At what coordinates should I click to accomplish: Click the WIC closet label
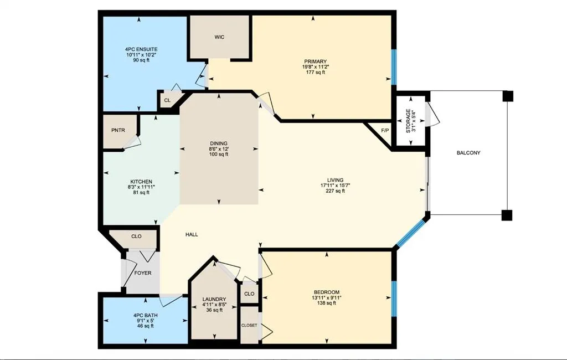[x=219, y=37]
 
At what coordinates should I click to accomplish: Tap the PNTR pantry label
[x=118, y=131]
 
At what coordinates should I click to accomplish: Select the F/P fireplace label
[x=385, y=131]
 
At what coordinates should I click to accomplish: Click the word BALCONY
[x=468, y=153]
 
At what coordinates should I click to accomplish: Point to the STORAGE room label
[x=408, y=121]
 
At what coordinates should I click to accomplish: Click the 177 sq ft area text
[x=315, y=72]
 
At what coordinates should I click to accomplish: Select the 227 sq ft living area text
[x=335, y=191]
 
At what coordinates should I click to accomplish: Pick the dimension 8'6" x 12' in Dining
[x=219, y=148]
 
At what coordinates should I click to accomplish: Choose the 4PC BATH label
[x=142, y=315]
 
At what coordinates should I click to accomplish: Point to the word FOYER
[x=142, y=273]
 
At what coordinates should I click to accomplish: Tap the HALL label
[x=192, y=234]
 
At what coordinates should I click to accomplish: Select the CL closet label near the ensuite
[x=167, y=101]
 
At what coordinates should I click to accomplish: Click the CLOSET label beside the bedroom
[x=249, y=325]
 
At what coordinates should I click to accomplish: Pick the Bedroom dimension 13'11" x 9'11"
[x=327, y=297]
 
